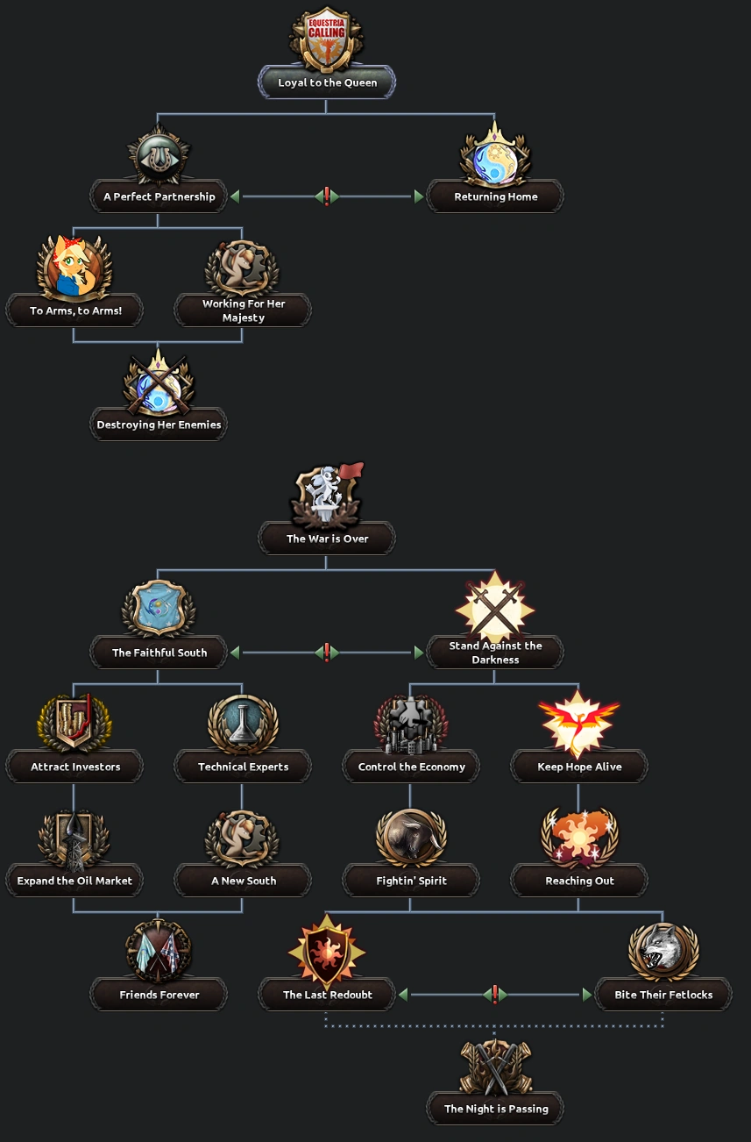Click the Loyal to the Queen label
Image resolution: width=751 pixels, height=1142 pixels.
click(x=327, y=83)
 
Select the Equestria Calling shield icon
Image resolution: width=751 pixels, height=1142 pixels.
click(x=327, y=39)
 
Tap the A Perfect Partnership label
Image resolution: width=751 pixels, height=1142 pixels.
click(x=159, y=197)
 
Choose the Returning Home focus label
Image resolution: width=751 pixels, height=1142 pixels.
click(x=495, y=197)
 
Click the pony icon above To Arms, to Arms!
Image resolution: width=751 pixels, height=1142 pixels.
click(x=74, y=267)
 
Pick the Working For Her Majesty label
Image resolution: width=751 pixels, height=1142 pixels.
click(x=243, y=310)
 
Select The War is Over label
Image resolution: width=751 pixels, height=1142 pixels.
click(x=327, y=539)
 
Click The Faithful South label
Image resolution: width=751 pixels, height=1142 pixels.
click(x=159, y=653)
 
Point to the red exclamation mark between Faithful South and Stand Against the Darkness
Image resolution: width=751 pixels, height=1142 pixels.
click(x=327, y=652)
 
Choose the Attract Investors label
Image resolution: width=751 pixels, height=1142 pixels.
click(x=74, y=767)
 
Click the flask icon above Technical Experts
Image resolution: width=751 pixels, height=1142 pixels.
click(x=243, y=724)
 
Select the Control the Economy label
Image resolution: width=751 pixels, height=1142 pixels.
click(x=411, y=767)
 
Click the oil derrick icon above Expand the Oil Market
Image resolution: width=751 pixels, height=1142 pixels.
click(x=74, y=839)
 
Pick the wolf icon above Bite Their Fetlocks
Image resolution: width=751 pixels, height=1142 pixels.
click(x=663, y=951)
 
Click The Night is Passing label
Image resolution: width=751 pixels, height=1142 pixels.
click(x=495, y=1110)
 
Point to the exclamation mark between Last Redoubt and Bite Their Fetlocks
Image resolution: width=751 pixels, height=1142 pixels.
click(x=495, y=994)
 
